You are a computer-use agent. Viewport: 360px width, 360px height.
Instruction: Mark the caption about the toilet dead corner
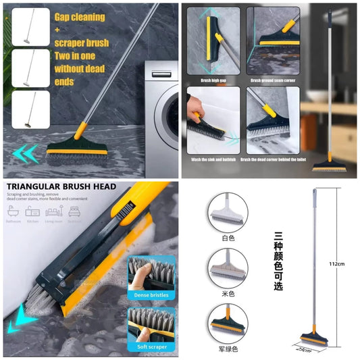point(272,159)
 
